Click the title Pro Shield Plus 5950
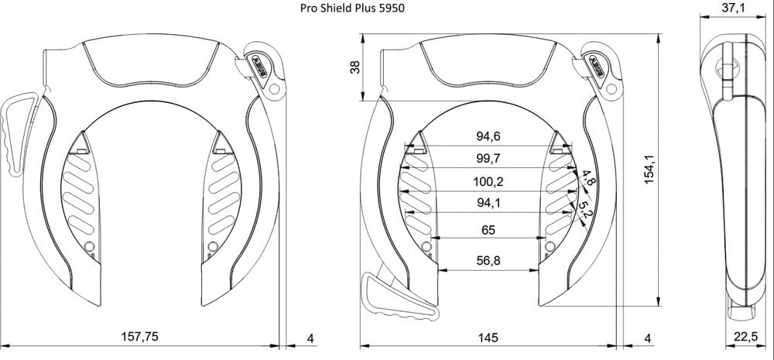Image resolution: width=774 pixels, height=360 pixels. click(x=351, y=9)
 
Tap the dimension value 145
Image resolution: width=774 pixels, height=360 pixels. click(x=488, y=338)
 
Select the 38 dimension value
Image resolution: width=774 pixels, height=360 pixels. click(x=355, y=67)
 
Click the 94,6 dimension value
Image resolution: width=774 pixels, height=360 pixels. click(x=488, y=137)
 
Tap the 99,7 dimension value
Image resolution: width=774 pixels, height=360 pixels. click(x=488, y=159)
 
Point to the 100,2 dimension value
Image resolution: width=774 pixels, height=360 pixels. click(x=488, y=182)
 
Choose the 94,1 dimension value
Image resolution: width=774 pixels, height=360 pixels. click(x=488, y=204)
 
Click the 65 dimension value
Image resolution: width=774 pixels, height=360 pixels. click(x=488, y=230)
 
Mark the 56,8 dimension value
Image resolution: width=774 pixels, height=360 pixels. click(x=488, y=261)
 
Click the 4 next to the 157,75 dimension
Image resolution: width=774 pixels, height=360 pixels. click(x=310, y=338)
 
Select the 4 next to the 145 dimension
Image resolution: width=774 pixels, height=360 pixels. click(x=648, y=338)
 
